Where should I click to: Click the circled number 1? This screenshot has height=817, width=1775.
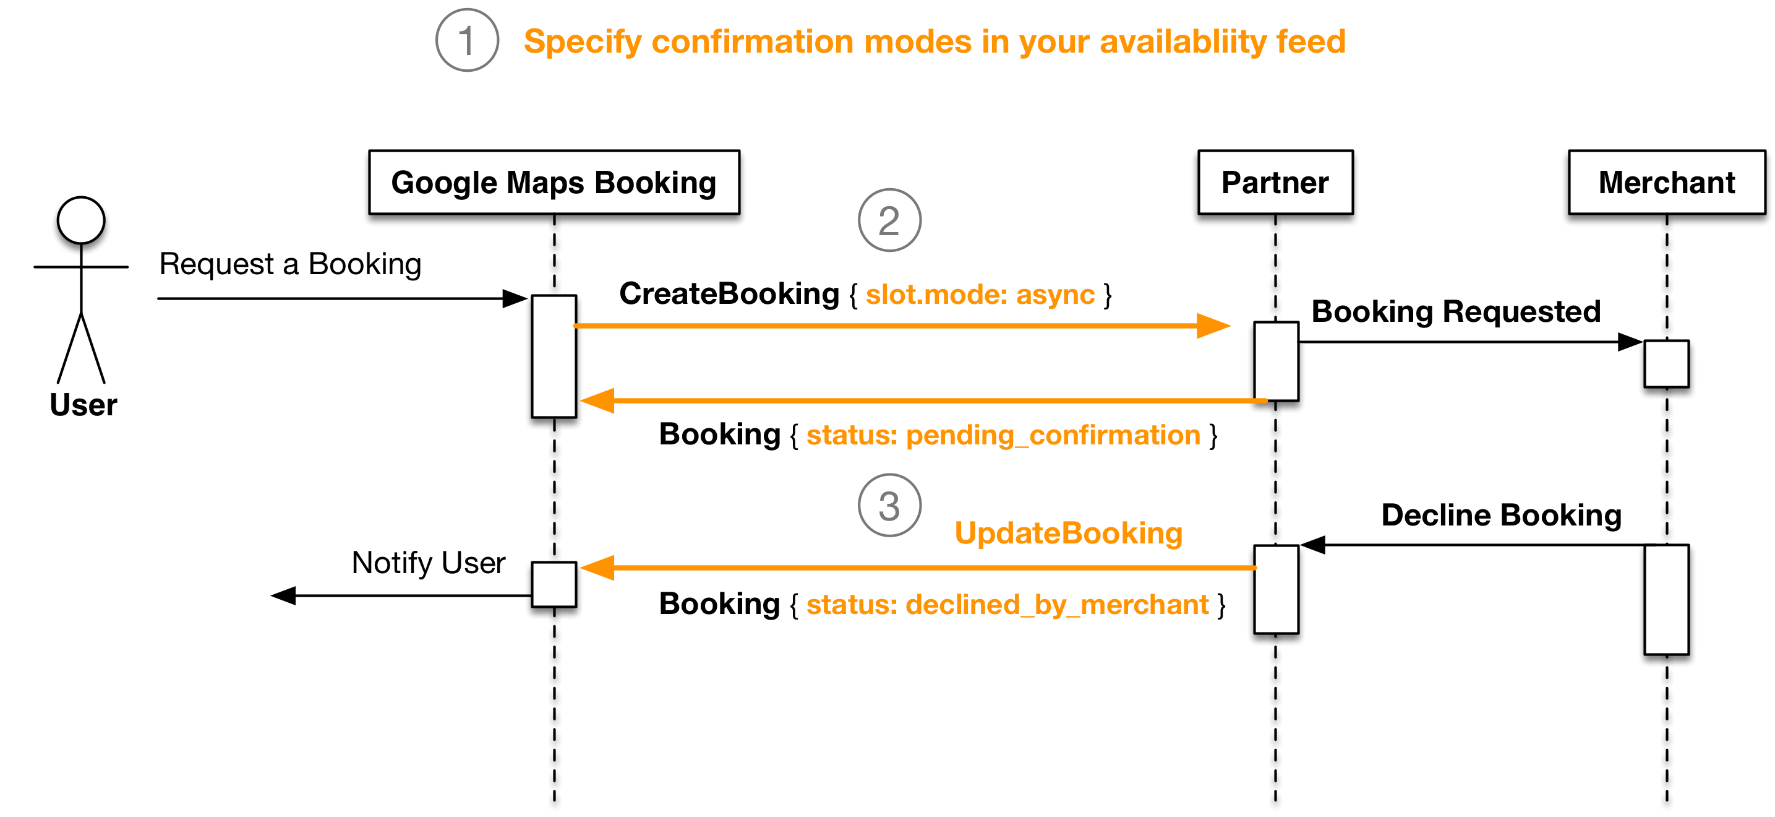[x=466, y=40]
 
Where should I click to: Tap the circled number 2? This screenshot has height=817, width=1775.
[x=889, y=220]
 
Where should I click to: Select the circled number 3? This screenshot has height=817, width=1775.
[x=889, y=506]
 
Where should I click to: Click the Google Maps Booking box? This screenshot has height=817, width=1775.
[x=554, y=183]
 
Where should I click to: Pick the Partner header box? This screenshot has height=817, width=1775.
[x=1275, y=183]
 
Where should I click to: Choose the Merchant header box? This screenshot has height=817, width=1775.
[x=1666, y=183]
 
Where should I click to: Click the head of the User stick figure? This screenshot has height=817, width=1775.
[x=81, y=220]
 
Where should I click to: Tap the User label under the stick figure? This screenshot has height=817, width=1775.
[x=83, y=405]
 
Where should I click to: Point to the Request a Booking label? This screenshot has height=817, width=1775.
[x=290, y=264]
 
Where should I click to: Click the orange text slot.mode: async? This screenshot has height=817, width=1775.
[x=979, y=295]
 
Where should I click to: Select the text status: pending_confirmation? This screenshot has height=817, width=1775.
[x=1003, y=436]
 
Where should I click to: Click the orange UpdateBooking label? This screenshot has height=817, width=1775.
[x=1068, y=534]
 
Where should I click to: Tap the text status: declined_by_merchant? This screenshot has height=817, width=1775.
[x=1007, y=605]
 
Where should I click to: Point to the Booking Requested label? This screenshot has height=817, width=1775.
[x=1455, y=311]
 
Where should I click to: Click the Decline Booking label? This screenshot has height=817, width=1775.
[x=1501, y=516]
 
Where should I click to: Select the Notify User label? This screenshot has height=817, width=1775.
[x=428, y=563]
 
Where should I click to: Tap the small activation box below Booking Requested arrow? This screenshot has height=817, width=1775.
[x=1666, y=363]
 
